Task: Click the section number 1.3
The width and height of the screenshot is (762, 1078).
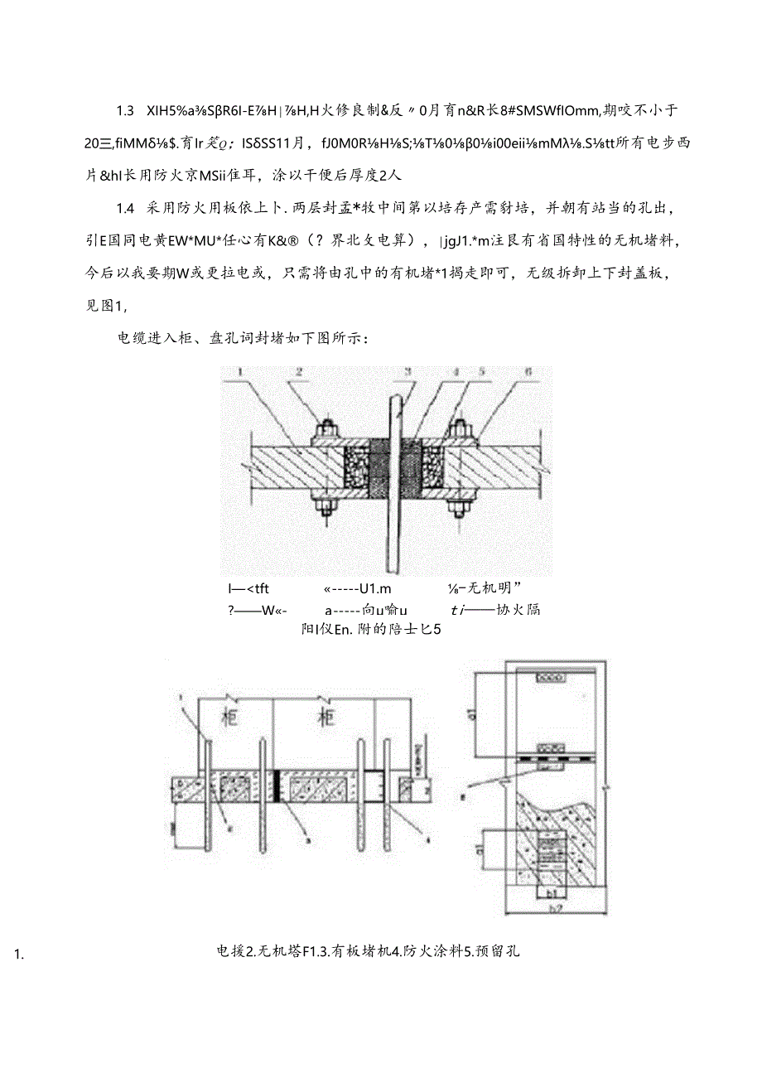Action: [125, 111]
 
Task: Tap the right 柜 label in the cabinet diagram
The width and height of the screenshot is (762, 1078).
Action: [326, 714]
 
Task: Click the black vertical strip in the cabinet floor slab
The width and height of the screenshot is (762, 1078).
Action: [276, 783]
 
